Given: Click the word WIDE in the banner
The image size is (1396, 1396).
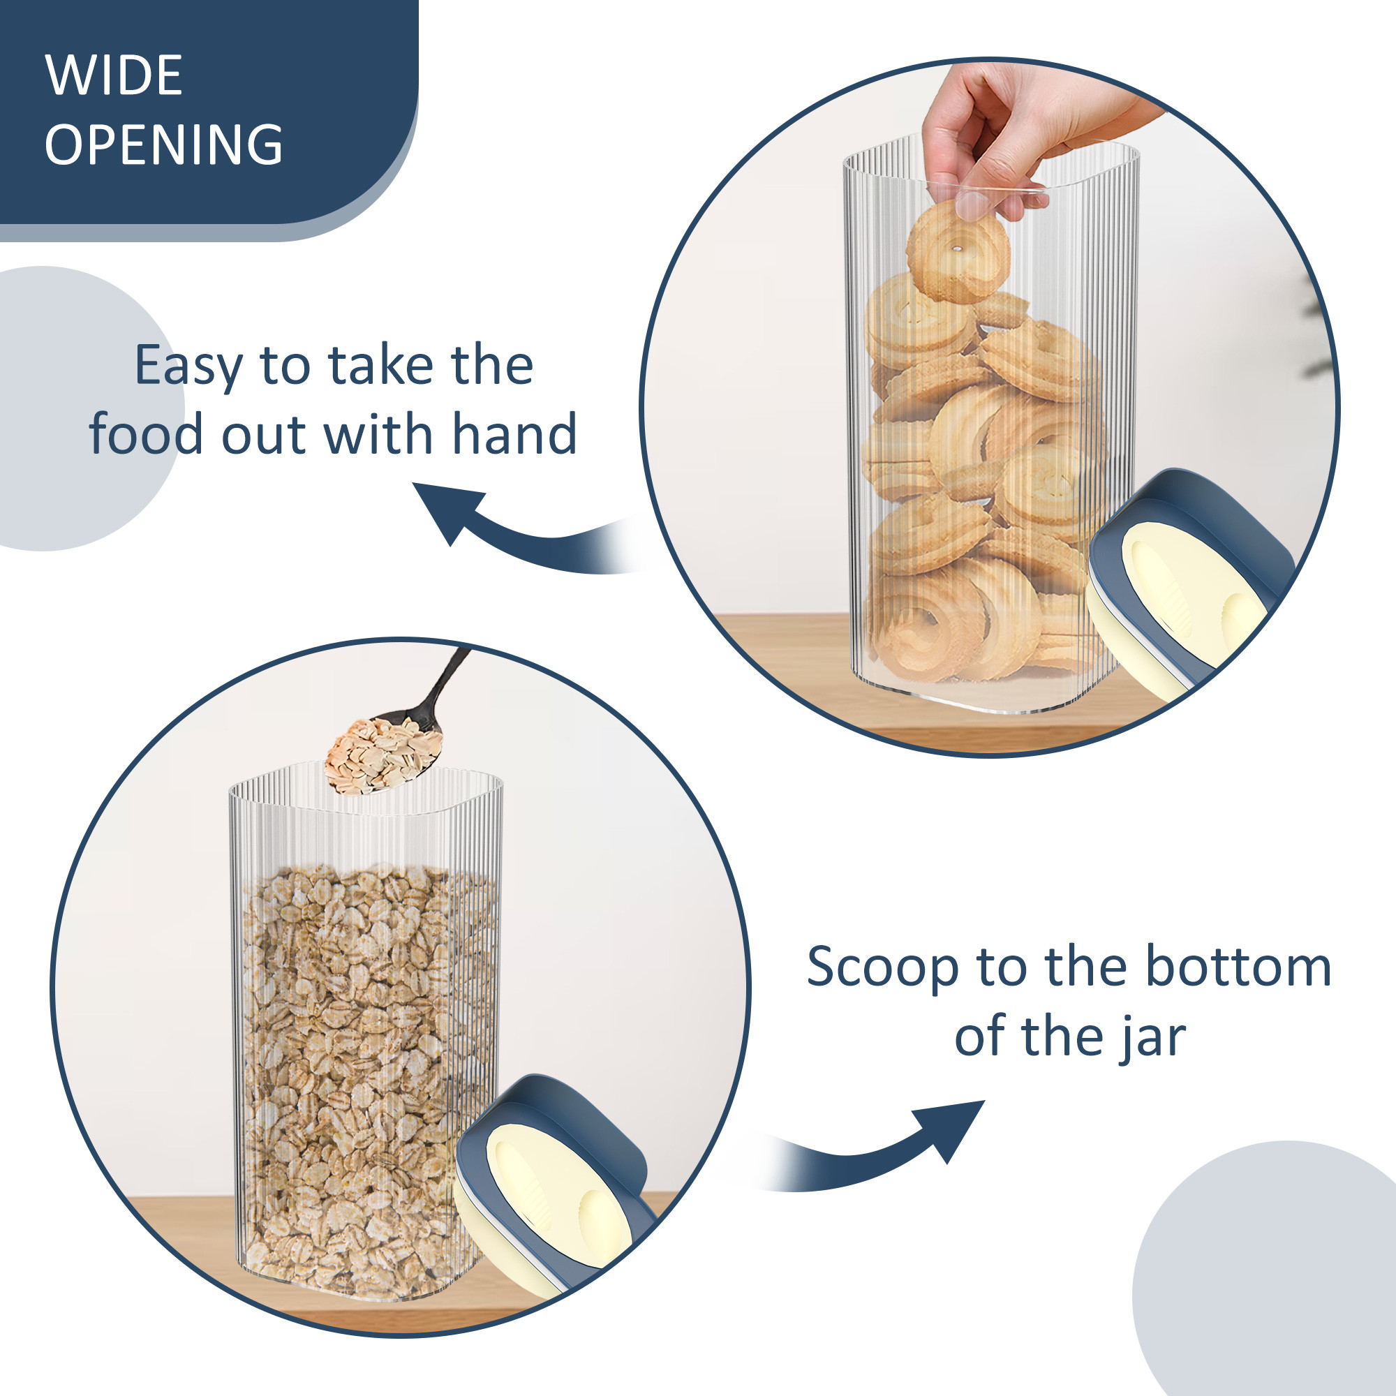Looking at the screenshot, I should pyautogui.click(x=114, y=75).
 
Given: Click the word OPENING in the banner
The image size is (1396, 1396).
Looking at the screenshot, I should pyautogui.click(x=163, y=144).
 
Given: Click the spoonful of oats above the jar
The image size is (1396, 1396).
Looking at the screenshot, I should pyautogui.click(x=383, y=755).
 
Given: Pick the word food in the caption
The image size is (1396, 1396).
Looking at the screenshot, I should pyautogui.click(x=145, y=435).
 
